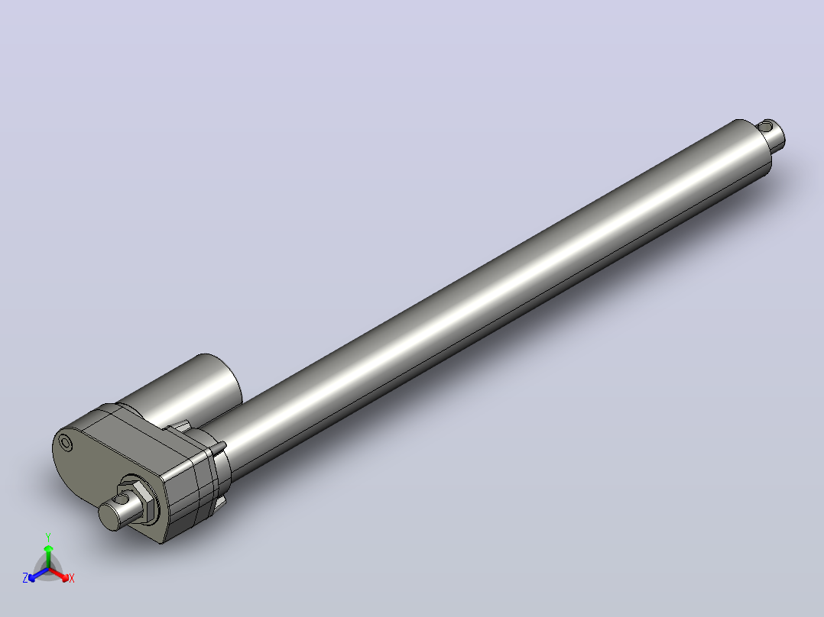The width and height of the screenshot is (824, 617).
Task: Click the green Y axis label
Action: click(48, 537)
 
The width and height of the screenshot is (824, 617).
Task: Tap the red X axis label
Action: click(72, 578)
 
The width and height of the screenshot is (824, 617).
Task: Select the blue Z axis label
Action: click(25, 577)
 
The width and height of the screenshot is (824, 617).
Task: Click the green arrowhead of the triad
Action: click(48, 549)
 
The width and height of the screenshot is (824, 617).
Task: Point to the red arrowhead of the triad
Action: click(64, 577)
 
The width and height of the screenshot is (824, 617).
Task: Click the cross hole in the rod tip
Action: click(765, 127)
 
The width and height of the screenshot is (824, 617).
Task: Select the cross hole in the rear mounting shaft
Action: click(122, 499)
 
